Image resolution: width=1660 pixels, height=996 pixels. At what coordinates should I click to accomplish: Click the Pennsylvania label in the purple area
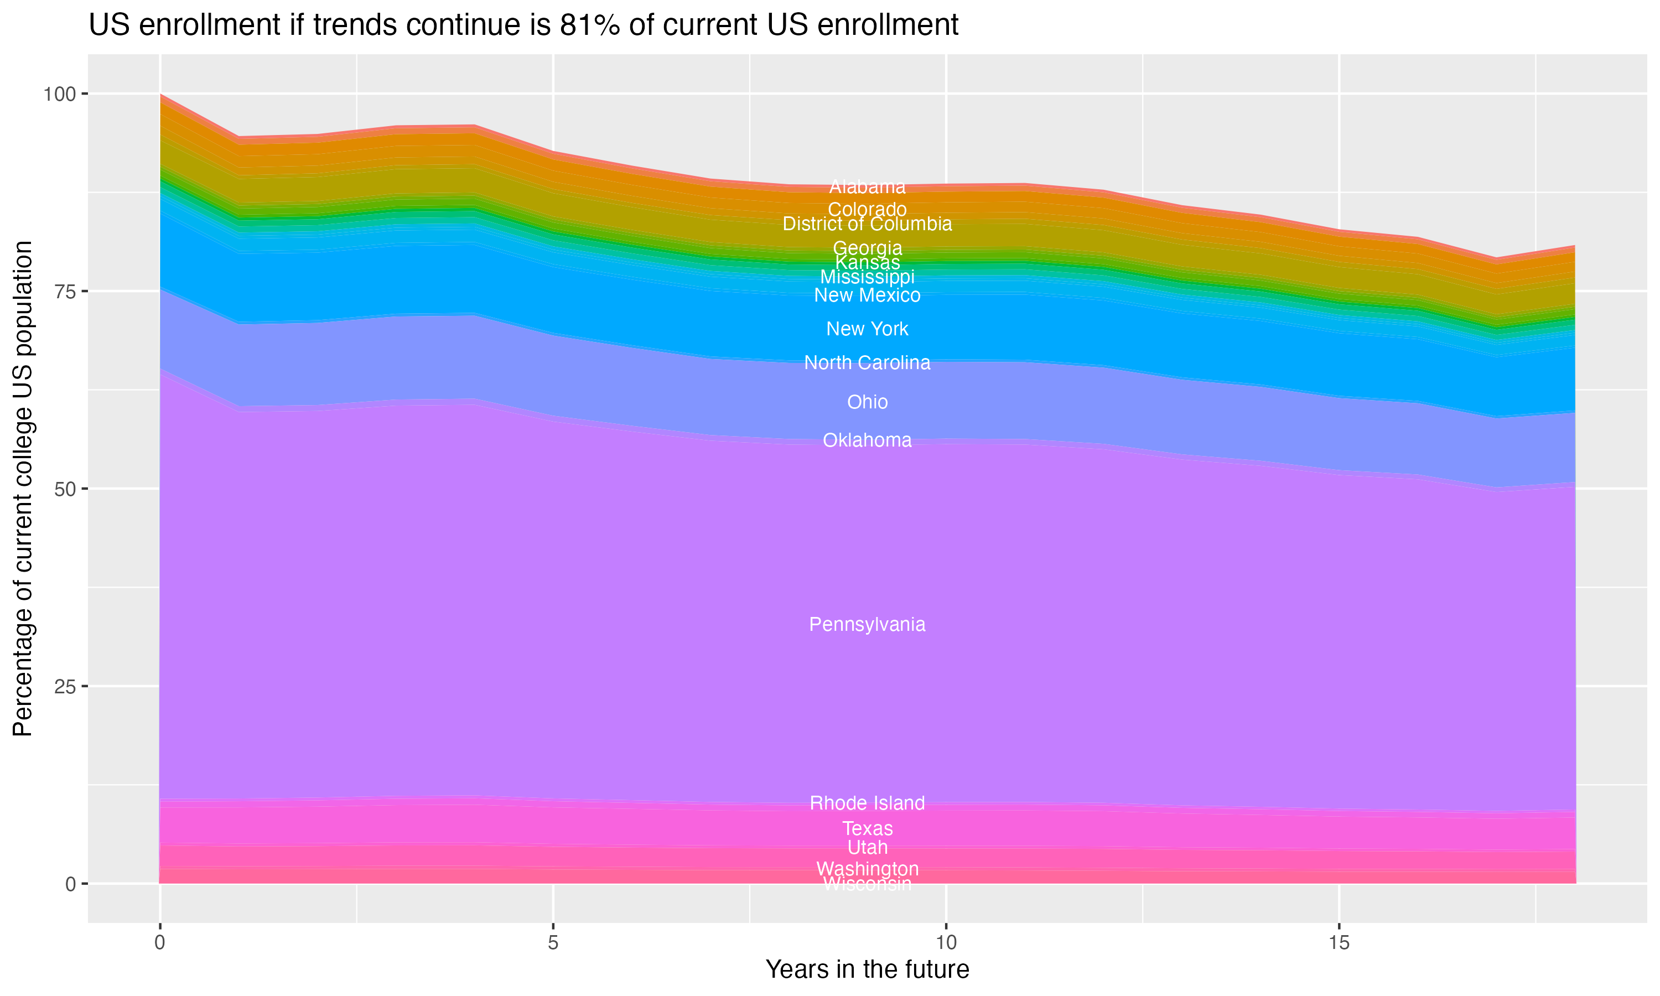(x=867, y=625)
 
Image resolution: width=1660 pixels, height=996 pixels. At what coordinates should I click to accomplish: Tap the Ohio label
(x=867, y=402)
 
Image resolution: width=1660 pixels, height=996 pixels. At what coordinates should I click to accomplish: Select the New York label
(x=867, y=329)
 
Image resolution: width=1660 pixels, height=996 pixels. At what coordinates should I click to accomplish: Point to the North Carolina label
(x=867, y=363)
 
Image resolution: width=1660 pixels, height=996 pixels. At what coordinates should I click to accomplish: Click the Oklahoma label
(x=867, y=440)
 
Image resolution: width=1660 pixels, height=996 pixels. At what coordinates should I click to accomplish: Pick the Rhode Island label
(x=867, y=803)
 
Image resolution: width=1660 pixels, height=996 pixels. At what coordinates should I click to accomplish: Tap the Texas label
(x=867, y=829)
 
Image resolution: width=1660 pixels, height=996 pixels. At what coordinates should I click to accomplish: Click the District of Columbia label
(x=867, y=224)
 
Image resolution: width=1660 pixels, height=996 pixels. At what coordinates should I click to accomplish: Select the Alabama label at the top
(x=867, y=186)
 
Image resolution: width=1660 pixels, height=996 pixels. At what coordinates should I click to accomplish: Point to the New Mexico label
(x=867, y=295)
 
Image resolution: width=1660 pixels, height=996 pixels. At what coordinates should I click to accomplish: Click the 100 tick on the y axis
(x=59, y=94)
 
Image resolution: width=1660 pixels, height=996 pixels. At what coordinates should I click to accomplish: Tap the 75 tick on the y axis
(x=64, y=291)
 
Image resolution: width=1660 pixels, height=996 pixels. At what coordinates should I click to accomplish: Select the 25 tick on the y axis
(x=64, y=687)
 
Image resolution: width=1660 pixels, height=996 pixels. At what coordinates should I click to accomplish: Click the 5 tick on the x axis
(x=553, y=943)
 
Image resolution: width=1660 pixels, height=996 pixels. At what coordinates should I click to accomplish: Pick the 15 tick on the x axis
(x=1339, y=943)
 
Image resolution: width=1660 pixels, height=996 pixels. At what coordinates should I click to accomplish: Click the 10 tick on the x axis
(x=946, y=943)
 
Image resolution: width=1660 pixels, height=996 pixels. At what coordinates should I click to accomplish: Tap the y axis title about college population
(x=23, y=488)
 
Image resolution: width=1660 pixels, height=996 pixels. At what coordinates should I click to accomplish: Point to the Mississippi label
(x=867, y=277)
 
